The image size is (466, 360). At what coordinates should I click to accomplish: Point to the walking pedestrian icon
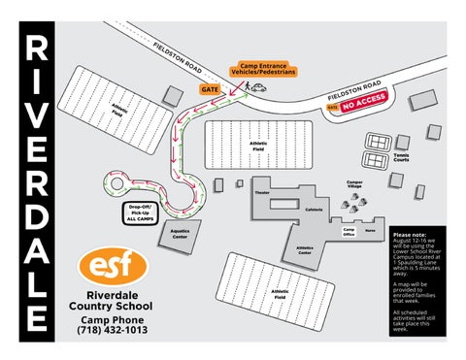click(249, 85)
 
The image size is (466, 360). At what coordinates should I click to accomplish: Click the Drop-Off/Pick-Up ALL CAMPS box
click(141, 214)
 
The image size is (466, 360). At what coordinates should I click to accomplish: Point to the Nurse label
click(370, 230)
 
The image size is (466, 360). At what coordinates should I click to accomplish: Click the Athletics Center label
click(304, 249)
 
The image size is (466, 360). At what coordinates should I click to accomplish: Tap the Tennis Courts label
click(401, 158)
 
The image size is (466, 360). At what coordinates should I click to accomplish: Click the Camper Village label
click(354, 183)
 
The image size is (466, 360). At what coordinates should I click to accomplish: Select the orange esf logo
click(114, 266)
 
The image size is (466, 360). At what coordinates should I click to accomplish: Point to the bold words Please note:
click(410, 235)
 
